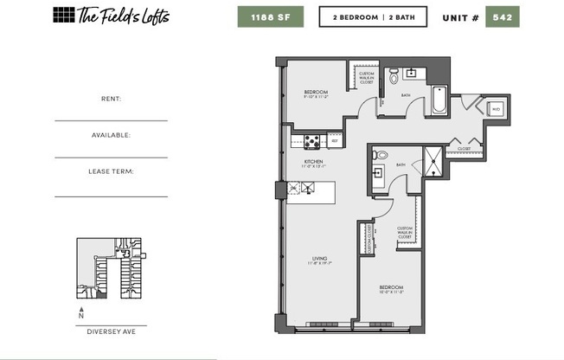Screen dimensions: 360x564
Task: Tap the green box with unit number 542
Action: coord(502,16)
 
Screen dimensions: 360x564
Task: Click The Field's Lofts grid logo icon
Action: coord(64,15)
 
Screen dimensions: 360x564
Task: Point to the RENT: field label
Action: coord(111,99)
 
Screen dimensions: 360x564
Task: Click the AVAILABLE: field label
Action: coord(111,135)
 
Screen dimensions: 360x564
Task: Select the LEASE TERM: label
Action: coord(111,171)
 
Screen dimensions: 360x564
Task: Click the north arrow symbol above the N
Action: coord(81,309)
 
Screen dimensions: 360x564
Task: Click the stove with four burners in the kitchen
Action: coord(312,142)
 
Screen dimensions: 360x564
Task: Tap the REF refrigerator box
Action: coord(334,140)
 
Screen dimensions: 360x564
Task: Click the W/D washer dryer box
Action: coord(497,110)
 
